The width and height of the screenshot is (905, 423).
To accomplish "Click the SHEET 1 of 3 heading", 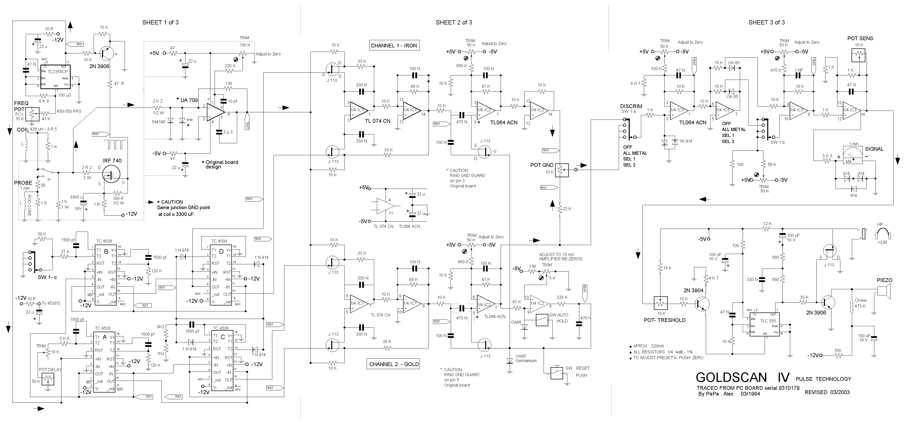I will click(x=160, y=22).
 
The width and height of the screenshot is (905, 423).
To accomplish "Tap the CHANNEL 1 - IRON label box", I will click(x=394, y=45).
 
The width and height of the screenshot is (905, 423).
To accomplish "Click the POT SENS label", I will click(x=860, y=38).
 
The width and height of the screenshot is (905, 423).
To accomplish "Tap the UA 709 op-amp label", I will click(x=189, y=100).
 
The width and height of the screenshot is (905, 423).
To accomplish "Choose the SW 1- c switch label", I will click(x=47, y=278).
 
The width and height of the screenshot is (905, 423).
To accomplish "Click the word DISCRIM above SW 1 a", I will click(x=631, y=106).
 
